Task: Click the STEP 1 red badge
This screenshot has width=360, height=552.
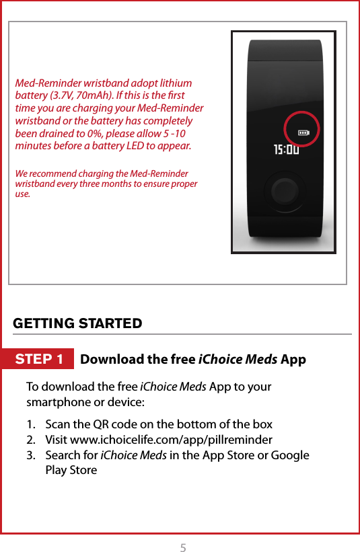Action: click(x=40, y=359)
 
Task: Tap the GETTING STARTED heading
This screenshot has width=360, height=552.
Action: click(x=77, y=323)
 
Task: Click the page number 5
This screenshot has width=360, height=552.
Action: click(x=183, y=547)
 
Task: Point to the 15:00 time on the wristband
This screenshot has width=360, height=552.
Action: click(x=286, y=149)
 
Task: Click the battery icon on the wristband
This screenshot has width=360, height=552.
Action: click(x=303, y=132)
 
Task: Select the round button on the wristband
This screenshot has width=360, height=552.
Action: click(x=285, y=192)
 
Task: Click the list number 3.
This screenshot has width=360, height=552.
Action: click(x=31, y=455)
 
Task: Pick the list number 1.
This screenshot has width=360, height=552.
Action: click(x=31, y=424)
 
